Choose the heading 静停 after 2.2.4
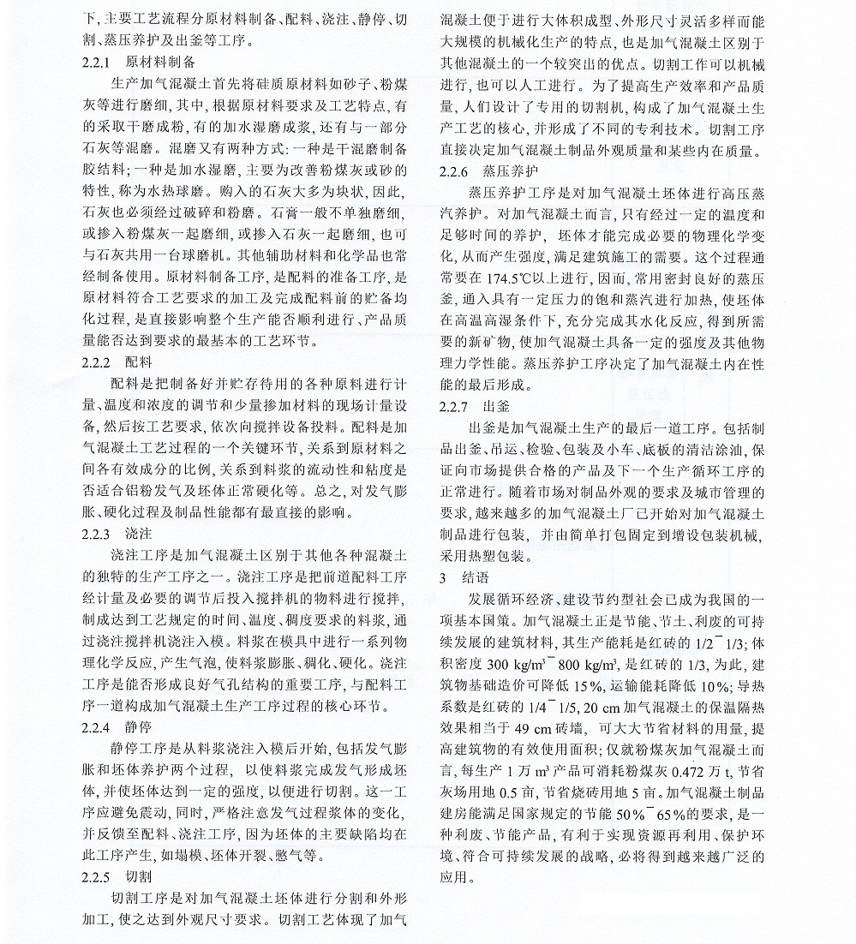coord(139,727)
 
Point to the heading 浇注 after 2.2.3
coord(139,533)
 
